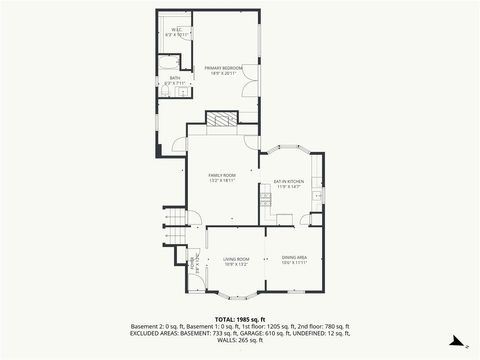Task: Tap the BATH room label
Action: tap(174, 80)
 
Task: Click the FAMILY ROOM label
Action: tap(221, 178)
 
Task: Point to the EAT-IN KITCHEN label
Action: tap(288, 184)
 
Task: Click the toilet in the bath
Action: tap(167, 93)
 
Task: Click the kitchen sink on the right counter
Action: tap(317, 196)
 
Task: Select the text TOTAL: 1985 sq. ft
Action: tap(239, 319)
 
